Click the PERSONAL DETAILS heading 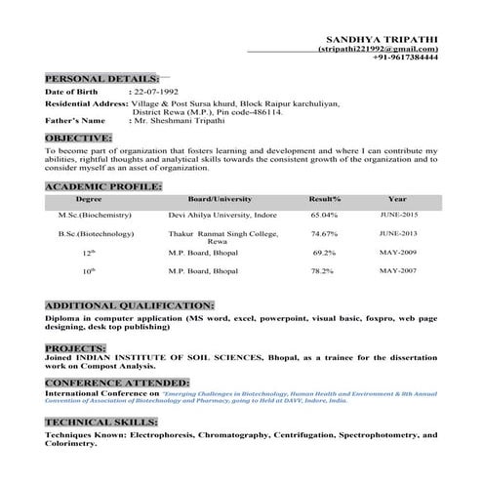(x=101, y=77)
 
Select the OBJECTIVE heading (x=78, y=139)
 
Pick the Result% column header (x=324, y=197)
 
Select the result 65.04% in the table (x=324, y=214)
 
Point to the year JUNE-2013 (x=398, y=234)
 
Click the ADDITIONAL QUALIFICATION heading (x=129, y=305)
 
